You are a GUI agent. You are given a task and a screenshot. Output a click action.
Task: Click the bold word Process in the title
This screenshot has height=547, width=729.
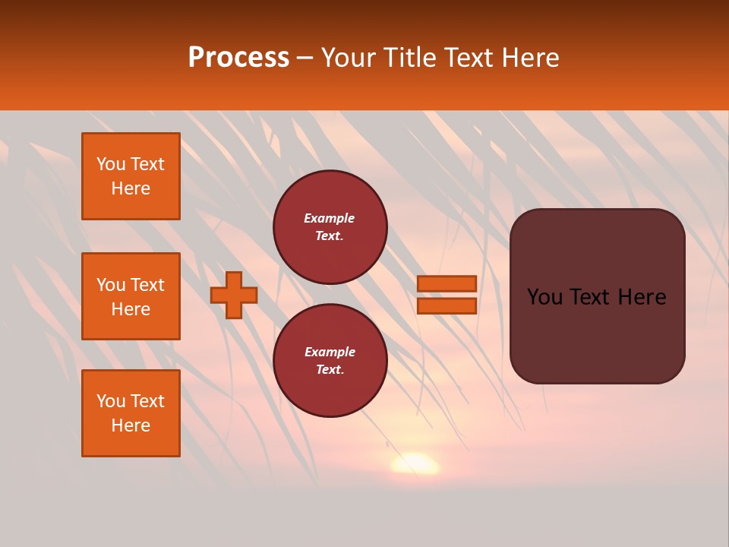238,58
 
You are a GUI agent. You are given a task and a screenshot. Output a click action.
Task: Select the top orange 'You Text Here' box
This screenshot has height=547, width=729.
131,176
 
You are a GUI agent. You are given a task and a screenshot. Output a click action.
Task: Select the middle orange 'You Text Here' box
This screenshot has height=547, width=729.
131,296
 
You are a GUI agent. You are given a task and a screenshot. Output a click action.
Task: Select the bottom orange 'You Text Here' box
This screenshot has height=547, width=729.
131,413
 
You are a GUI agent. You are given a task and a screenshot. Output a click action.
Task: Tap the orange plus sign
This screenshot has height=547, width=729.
234,295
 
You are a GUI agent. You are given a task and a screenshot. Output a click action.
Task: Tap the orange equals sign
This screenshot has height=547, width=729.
447,295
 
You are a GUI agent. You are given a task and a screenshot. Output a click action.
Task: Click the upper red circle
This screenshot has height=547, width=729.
330,227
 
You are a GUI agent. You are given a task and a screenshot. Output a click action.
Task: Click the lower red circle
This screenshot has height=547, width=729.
330,360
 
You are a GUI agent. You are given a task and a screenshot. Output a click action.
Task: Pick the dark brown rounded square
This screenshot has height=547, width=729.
597,296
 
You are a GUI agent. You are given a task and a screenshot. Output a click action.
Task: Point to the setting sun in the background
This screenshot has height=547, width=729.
415,463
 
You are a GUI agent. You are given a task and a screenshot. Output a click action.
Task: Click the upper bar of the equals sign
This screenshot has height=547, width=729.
447,284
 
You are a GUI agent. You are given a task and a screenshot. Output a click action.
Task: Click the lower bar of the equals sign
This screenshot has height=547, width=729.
447,305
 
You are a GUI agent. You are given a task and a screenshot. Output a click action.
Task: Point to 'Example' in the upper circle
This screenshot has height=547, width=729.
329,218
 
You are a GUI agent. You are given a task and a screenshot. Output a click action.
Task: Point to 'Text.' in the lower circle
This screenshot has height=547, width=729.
330,369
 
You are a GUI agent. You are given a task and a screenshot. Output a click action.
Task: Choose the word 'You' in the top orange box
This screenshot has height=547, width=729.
111,164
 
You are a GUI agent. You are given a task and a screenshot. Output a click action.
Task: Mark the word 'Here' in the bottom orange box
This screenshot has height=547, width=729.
131,425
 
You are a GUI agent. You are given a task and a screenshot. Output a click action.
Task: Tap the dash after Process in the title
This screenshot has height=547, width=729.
305,58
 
